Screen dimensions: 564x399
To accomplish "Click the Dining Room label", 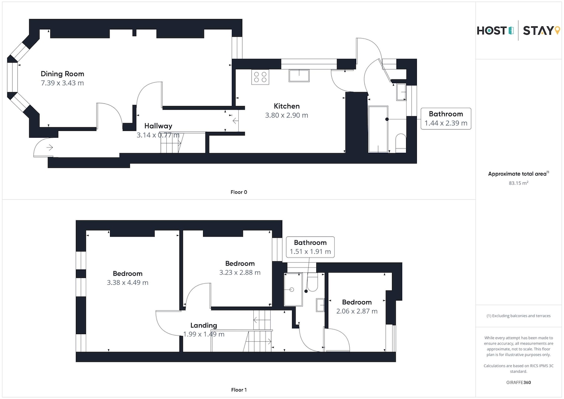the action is [x=63, y=74].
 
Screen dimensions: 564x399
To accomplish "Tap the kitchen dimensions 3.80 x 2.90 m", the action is [x=287, y=115].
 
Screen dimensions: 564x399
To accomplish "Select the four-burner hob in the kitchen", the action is [x=260, y=77].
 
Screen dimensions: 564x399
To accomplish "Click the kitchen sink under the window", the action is [x=299, y=76].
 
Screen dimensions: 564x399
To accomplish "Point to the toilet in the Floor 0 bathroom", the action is [x=400, y=143].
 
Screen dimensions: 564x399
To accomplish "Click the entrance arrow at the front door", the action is [x=50, y=147].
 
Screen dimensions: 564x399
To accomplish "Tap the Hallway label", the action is [x=158, y=126].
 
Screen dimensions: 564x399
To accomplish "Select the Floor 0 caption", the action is [x=239, y=192].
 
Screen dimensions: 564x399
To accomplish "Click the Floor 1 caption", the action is [x=239, y=390].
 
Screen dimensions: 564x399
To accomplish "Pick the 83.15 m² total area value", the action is [x=518, y=183].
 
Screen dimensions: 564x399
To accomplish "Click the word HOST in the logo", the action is [x=492, y=31].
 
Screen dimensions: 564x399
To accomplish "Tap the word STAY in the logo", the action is [x=538, y=31].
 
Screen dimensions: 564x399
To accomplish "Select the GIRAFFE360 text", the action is [x=518, y=383].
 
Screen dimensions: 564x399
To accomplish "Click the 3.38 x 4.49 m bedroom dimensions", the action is [x=128, y=282].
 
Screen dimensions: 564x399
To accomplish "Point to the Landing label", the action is [x=204, y=325].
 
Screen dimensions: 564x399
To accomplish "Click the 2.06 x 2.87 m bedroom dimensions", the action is [x=357, y=311].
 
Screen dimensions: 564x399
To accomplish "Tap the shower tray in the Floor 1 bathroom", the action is [x=293, y=289].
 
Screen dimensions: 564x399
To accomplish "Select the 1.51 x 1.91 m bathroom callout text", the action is [x=310, y=251].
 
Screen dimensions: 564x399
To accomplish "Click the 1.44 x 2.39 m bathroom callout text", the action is [x=446, y=123].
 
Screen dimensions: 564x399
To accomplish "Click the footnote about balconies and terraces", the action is [x=518, y=316].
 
